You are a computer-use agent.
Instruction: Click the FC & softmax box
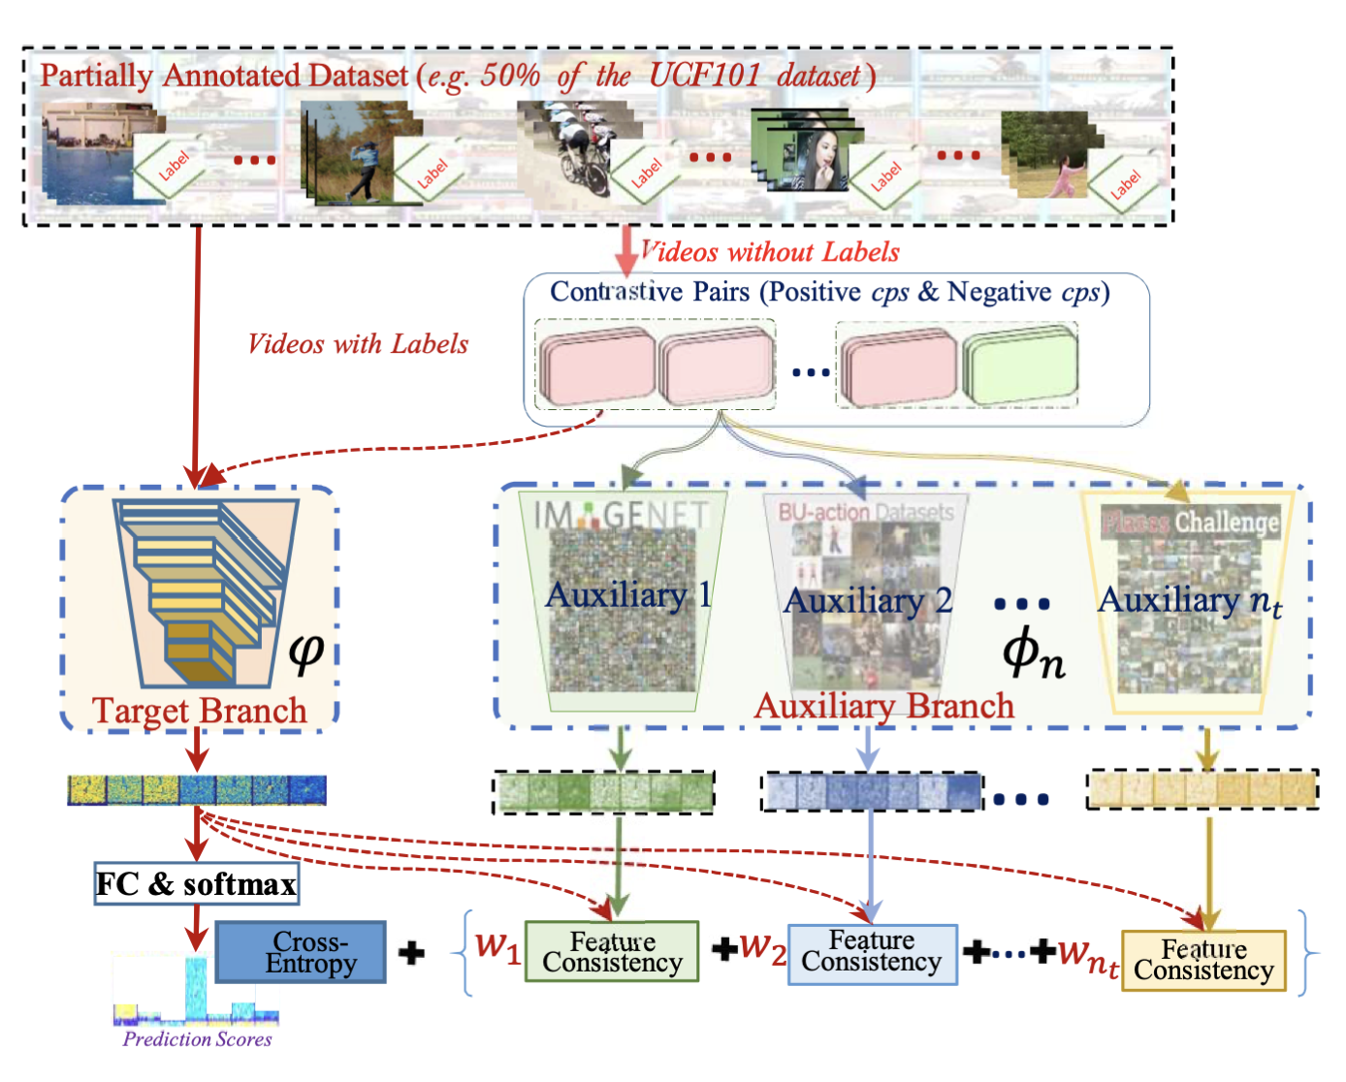pos(196,883)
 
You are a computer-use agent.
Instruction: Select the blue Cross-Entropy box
pos(301,952)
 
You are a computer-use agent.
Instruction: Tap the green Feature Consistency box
pos(612,952)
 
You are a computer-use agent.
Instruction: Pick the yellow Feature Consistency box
pos(1203,960)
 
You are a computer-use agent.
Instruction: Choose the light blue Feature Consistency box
pos(872,952)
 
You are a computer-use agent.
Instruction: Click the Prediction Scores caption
pos(197,1039)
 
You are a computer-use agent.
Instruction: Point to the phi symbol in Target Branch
pos(306,652)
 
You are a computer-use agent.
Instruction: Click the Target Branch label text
pos(200,711)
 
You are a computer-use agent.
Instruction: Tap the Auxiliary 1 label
pos(627,594)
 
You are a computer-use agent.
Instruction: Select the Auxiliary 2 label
pos(867,601)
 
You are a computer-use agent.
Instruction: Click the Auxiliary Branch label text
pos(884,706)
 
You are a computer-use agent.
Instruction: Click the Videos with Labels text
pos(358,344)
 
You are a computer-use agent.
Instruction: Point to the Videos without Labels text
pos(771,253)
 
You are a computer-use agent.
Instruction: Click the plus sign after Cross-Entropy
pos(412,953)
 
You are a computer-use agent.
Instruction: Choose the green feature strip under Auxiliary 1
pos(604,791)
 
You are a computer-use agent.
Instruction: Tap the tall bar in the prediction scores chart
pos(196,987)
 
